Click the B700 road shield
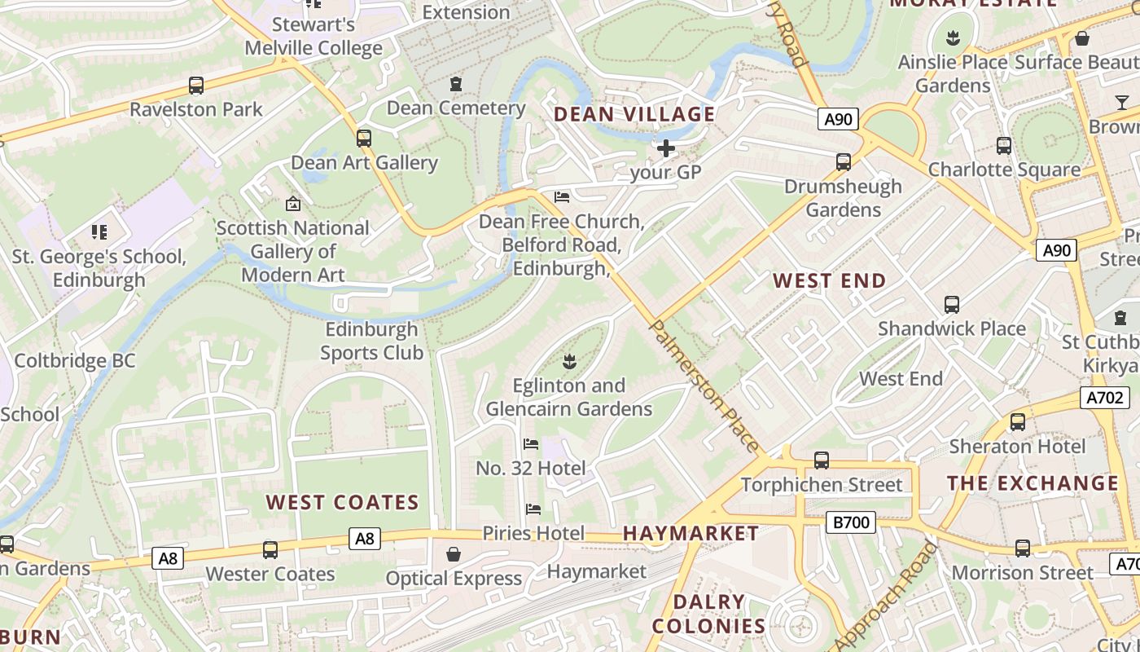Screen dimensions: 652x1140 click(850, 522)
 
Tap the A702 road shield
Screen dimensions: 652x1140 click(1105, 398)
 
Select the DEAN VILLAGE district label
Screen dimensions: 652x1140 click(634, 114)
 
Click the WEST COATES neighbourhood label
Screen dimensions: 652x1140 click(342, 502)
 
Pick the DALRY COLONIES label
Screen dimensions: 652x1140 click(708, 614)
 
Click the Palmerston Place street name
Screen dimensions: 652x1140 click(705, 386)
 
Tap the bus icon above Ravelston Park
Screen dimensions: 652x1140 click(196, 85)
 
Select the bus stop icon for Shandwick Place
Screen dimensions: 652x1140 click(951, 305)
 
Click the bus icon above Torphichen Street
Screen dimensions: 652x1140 click(822, 460)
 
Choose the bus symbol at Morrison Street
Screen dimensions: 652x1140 click(1023, 548)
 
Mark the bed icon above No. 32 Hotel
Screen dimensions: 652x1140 click(531, 444)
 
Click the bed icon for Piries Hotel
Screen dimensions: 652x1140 click(533, 509)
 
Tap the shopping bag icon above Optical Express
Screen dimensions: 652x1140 click(454, 554)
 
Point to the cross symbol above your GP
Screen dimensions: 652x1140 click(665, 148)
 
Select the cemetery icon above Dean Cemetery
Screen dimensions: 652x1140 click(455, 84)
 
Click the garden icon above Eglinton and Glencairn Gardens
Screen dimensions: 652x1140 click(569, 361)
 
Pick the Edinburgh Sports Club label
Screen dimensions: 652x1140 click(371, 341)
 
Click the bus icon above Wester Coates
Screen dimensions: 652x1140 click(270, 549)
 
